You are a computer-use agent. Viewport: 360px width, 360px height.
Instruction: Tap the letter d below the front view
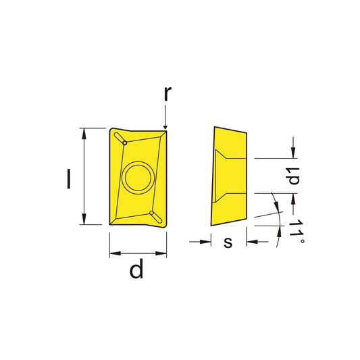point(137,270)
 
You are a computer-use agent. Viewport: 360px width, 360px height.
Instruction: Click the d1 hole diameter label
point(293,177)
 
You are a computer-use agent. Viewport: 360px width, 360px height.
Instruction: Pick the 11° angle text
point(294,229)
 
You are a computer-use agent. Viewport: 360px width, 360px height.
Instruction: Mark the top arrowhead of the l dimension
point(84,132)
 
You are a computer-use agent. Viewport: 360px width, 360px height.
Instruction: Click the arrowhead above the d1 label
point(293,153)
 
